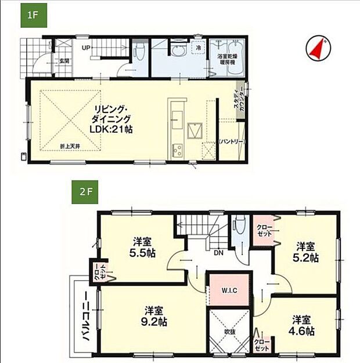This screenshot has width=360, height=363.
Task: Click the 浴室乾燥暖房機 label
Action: [226, 59]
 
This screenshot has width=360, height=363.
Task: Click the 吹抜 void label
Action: [229, 332]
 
